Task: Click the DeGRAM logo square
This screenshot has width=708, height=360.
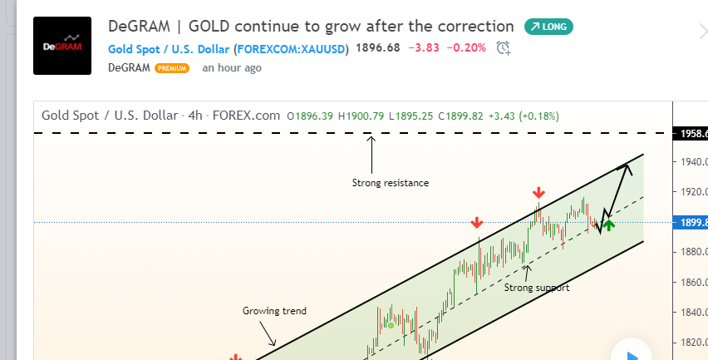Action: pyautogui.click(x=62, y=46)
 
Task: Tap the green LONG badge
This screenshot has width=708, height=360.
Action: pyautogui.click(x=548, y=27)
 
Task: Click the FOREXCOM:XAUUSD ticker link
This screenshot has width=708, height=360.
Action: pyautogui.click(x=291, y=49)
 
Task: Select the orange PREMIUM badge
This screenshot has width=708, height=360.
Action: pyautogui.click(x=172, y=68)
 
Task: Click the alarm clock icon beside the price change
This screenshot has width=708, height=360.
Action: pyautogui.click(x=504, y=48)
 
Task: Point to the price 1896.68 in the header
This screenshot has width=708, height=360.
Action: pyautogui.click(x=378, y=47)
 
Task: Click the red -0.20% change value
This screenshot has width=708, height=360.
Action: pyautogui.click(x=466, y=47)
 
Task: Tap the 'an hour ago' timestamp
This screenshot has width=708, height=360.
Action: pyautogui.click(x=232, y=67)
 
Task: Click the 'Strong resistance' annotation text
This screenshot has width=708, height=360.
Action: pyautogui.click(x=391, y=183)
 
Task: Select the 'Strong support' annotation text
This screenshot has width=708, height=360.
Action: pyautogui.click(x=537, y=288)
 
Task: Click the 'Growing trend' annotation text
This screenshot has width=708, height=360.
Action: pyautogui.click(x=274, y=311)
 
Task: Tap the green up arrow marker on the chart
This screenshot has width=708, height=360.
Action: pyautogui.click(x=608, y=224)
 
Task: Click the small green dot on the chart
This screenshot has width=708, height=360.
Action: pyautogui.click(x=391, y=325)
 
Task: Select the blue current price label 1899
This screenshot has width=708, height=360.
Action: pyautogui.click(x=691, y=222)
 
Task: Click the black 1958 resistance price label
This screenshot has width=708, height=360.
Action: pyautogui.click(x=691, y=133)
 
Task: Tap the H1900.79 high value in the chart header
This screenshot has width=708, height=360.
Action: pyautogui.click(x=361, y=116)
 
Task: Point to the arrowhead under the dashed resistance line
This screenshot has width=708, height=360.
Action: pyautogui.click(x=371, y=139)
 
